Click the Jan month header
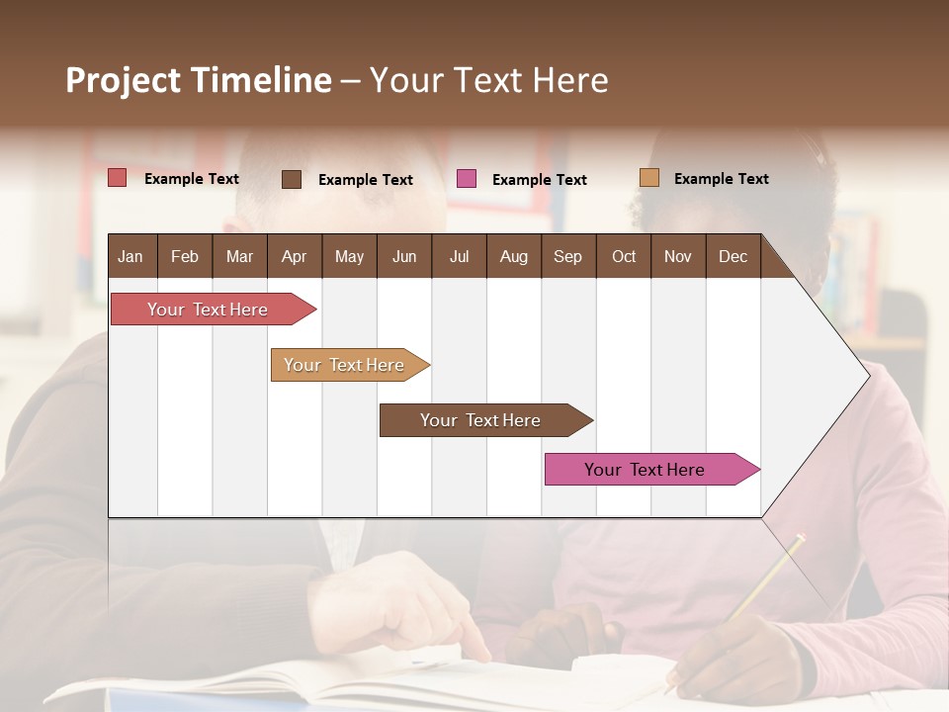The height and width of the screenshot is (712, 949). click(130, 257)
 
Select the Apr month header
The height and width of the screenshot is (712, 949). click(294, 257)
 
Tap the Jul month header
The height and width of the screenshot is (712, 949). click(459, 257)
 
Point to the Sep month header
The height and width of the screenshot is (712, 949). click(567, 257)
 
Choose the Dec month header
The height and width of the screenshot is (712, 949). click(733, 257)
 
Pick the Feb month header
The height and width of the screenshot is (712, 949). click(185, 257)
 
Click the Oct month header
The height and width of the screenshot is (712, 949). click(624, 257)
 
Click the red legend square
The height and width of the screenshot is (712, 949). click(118, 178)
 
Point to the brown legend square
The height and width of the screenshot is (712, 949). click(292, 179)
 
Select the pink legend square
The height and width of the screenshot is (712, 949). click(467, 179)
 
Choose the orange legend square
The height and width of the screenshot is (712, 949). click(649, 178)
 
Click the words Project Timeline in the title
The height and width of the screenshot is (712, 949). click(199, 80)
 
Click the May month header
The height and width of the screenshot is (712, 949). click(349, 257)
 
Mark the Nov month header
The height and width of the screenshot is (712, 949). click(678, 257)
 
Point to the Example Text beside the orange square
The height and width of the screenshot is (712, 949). click(721, 179)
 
